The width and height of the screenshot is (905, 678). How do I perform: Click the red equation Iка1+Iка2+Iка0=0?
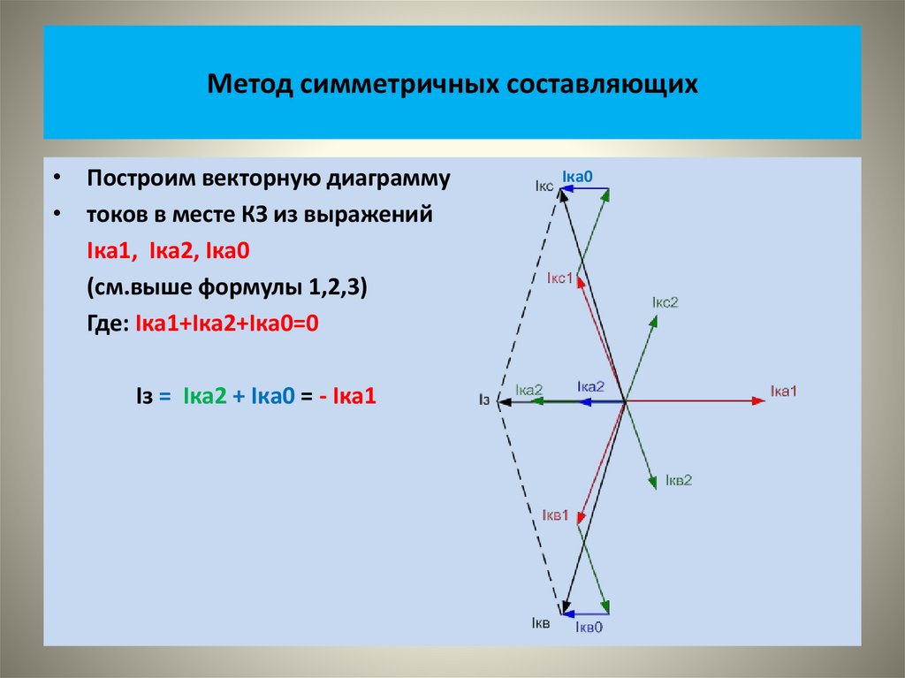click(x=226, y=324)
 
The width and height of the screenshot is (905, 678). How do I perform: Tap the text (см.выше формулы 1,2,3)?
click(x=232, y=288)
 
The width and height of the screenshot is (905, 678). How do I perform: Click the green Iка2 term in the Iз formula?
click(x=204, y=397)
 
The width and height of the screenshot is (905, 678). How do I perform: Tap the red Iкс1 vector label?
click(x=560, y=278)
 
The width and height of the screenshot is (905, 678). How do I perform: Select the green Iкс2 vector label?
click(x=665, y=302)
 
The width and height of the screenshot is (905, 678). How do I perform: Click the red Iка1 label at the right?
click(x=783, y=390)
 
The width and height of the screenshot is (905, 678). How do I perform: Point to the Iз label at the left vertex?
click(x=484, y=400)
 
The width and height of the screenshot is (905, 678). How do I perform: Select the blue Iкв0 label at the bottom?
click(x=589, y=627)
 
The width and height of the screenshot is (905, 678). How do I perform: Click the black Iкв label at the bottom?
click(x=541, y=624)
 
